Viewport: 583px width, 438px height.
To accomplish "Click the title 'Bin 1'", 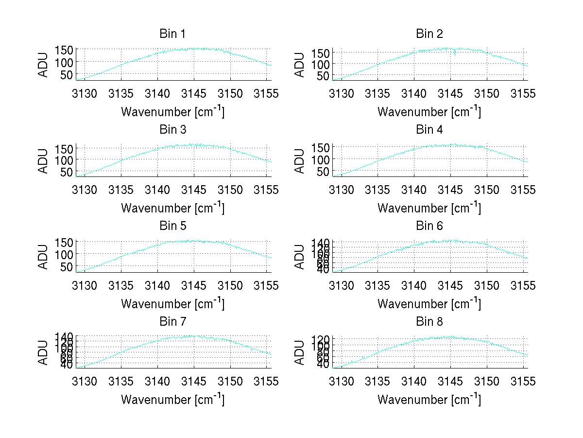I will tap(172, 34).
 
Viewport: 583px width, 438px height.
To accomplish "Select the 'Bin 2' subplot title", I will tap(429, 34).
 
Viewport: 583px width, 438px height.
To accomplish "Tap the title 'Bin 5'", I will tap(172, 226).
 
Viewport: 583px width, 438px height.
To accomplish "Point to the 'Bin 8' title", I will tap(429, 321).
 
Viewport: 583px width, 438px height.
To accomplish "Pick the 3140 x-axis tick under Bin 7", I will tap(157, 381).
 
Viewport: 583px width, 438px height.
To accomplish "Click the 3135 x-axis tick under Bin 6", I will tap(377, 285).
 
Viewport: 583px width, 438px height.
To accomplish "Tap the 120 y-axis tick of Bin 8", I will tap(321, 339).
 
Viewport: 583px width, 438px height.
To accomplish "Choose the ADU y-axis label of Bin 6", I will tap(300, 257).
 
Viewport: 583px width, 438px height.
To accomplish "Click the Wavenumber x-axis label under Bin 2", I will tap(429, 111).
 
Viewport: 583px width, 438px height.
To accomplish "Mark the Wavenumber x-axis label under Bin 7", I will tap(172, 399).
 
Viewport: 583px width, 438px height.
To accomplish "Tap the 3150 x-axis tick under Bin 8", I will tap(487, 381).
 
